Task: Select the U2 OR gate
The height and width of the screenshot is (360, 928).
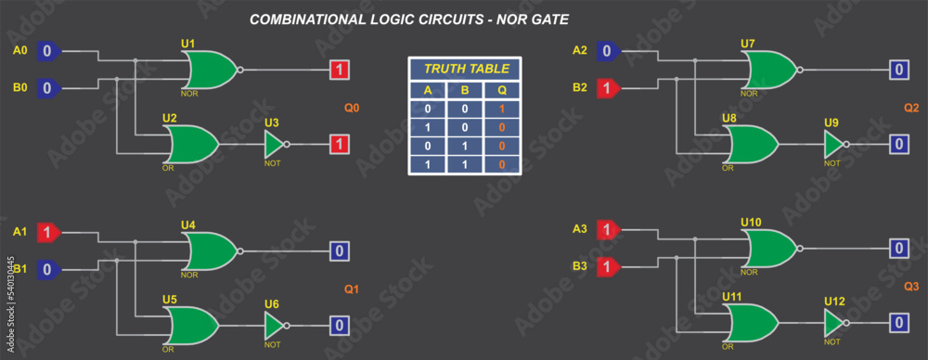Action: point(191,144)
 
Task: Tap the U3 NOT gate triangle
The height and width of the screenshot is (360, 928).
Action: point(275,144)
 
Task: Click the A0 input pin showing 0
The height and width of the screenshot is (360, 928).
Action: point(48,52)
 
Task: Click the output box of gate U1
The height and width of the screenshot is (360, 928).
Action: point(341,70)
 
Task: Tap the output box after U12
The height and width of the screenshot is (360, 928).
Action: point(898,323)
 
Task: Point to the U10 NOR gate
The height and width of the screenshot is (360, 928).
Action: point(769,248)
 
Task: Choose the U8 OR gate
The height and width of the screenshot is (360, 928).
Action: point(751,144)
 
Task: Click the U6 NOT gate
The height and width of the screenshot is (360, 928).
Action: point(275,326)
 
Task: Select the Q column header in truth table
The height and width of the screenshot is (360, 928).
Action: point(502,91)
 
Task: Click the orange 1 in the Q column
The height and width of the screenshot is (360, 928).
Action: point(502,109)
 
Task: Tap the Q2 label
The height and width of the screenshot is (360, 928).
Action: point(911,108)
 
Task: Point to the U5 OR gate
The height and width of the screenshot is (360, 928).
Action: point(191,326)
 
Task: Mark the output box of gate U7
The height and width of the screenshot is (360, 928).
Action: point(898,70)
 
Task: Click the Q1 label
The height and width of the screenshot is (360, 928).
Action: point(352,289)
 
